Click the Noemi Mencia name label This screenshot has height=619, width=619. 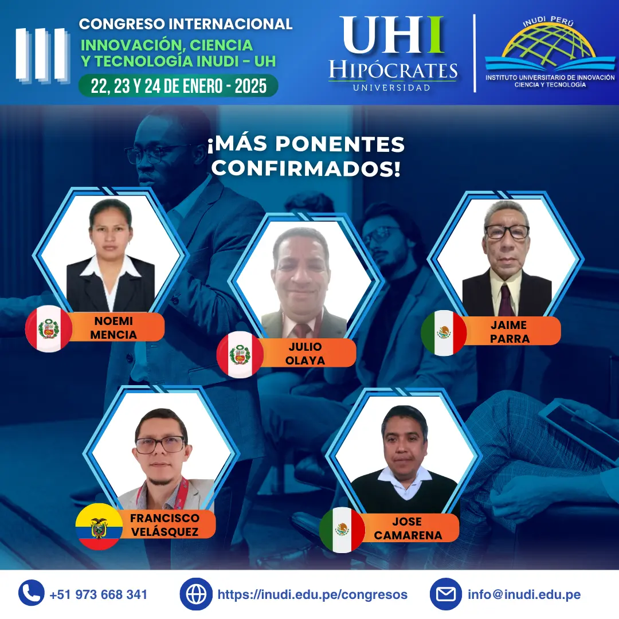113,327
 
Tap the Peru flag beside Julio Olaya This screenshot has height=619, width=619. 240,354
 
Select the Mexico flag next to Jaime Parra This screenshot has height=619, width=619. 444,333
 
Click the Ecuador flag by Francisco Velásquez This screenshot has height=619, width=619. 99,526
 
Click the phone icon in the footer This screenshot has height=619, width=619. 32,594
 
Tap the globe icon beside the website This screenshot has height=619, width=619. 196,594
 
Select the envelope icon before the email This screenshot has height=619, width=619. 446,594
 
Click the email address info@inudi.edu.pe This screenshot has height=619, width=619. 524,594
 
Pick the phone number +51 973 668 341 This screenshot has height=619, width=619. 98,594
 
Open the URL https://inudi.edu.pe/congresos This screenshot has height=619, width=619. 312,594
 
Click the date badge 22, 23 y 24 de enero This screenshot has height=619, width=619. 178,86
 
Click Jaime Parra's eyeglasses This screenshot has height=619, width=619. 507,232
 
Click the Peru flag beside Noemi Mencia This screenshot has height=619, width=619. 49,328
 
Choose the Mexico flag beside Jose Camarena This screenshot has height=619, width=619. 342,530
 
